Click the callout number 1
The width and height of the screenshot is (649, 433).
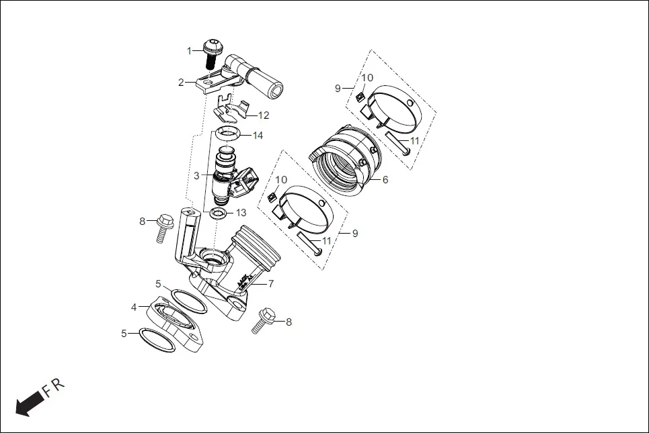[x=190, y=50]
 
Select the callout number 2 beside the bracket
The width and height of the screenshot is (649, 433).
[x=181, y=83]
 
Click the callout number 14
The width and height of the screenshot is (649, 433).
[x=258, y=136]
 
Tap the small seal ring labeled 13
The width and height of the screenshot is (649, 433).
[x=218, y=214]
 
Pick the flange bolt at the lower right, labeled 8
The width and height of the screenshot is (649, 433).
[x=265, y=320]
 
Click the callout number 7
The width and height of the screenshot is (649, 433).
[x=271, y=284]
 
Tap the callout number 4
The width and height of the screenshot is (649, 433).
[x=134, y=307]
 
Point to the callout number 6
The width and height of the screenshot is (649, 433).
[x=385, y=180]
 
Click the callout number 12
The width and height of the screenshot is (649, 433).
[x=264, y=115]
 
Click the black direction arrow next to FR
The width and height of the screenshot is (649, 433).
[x=28, y=405]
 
